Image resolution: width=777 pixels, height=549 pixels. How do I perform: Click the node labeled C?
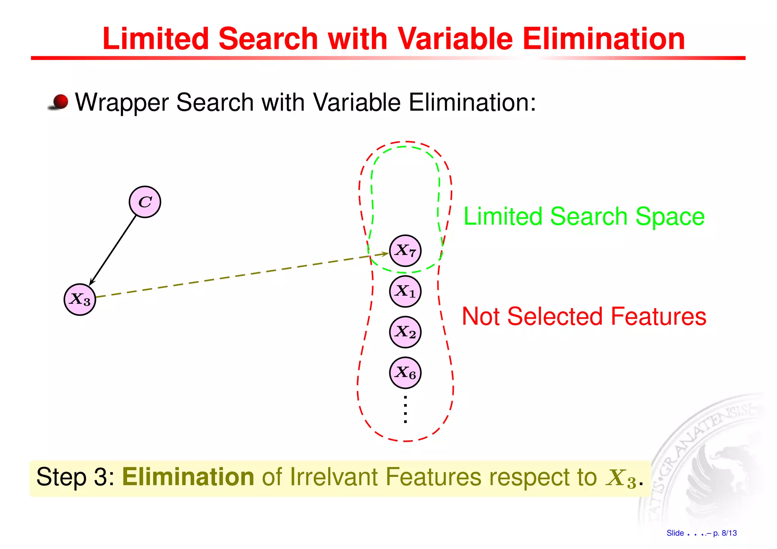tap(145, 202)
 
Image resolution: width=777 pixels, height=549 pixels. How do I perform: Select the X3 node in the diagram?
tap(80, 299)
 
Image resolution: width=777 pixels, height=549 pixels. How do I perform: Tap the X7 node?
tap(405, 251)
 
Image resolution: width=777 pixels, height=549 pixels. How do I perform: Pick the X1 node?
tap(405, 291)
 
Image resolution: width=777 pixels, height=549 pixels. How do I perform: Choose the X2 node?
tap(405, 332)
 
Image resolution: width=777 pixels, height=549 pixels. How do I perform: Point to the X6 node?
tap(405, 373)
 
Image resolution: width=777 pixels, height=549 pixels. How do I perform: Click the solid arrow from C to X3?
tap(113, 250)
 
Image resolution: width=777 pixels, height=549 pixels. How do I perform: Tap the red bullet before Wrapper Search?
tap(60, 102)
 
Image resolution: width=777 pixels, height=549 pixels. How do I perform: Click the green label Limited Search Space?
tap(584, 216)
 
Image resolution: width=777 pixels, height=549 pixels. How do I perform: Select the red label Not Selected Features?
tap(584, 316)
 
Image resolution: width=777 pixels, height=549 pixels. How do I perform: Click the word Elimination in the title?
tap(604, 39)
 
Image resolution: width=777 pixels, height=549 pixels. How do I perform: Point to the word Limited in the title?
tap(156, 39)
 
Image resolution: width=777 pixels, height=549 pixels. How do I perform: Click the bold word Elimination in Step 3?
tap(188, 477)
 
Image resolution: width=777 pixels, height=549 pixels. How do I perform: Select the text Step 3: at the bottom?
tap(75, 477)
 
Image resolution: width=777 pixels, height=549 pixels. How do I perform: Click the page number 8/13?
tap(729, 533)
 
